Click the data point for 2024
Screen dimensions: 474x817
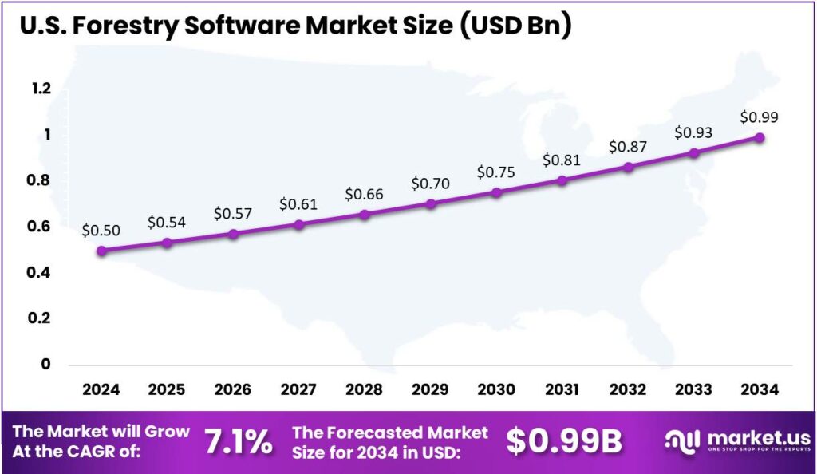pos(101,251)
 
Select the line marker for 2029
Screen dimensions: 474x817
pos(431,204)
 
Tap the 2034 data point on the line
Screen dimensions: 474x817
pos(760,138)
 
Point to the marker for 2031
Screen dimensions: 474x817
pos(562,180)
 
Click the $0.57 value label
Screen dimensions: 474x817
pos(233,214)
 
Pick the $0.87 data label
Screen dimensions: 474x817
pos(628,147)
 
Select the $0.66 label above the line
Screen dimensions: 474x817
pos(365,194)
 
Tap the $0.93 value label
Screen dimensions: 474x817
pos(694,132)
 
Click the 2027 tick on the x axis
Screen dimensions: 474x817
pos(298,389)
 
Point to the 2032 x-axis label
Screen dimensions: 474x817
pos(628,389)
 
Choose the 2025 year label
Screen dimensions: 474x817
pos(167,389)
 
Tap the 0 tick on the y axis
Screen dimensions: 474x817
pos(46,365)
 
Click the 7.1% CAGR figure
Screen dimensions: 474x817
pos(238,441)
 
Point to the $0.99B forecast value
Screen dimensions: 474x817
pos(564,441)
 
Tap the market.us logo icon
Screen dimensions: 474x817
pos(682,440)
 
